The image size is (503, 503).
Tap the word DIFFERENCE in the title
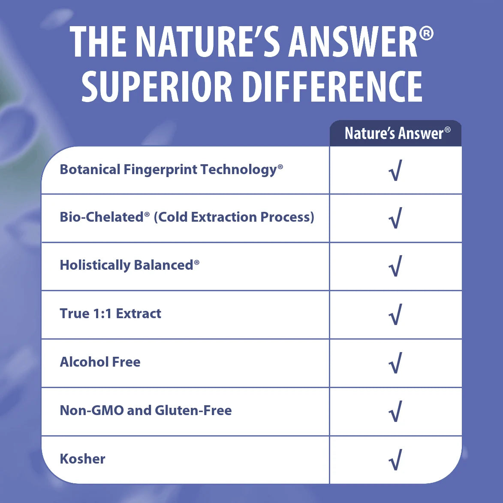tap(332, 87)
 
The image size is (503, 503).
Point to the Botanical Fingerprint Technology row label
tap(171, 170)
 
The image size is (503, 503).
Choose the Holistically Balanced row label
tap(130, 265)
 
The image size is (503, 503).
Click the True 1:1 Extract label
tap(110, 314)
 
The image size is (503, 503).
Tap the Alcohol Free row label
tap(100, 362)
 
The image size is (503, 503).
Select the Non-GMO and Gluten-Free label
tap(146, 410)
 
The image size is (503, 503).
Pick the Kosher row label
tap(82, 459)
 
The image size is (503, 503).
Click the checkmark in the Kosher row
tap(395, 460)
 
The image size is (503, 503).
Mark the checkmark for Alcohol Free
tap(395, 363)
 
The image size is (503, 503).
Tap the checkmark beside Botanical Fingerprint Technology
tap(395, 170)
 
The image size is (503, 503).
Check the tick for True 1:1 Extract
tap(395, 314)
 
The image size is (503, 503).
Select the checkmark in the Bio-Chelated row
tap(395, 218)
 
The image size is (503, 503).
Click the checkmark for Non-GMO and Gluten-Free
tap(395, 411)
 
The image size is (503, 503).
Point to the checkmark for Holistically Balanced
tap(395, 266)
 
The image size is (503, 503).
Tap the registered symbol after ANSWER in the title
tap(426, 34)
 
